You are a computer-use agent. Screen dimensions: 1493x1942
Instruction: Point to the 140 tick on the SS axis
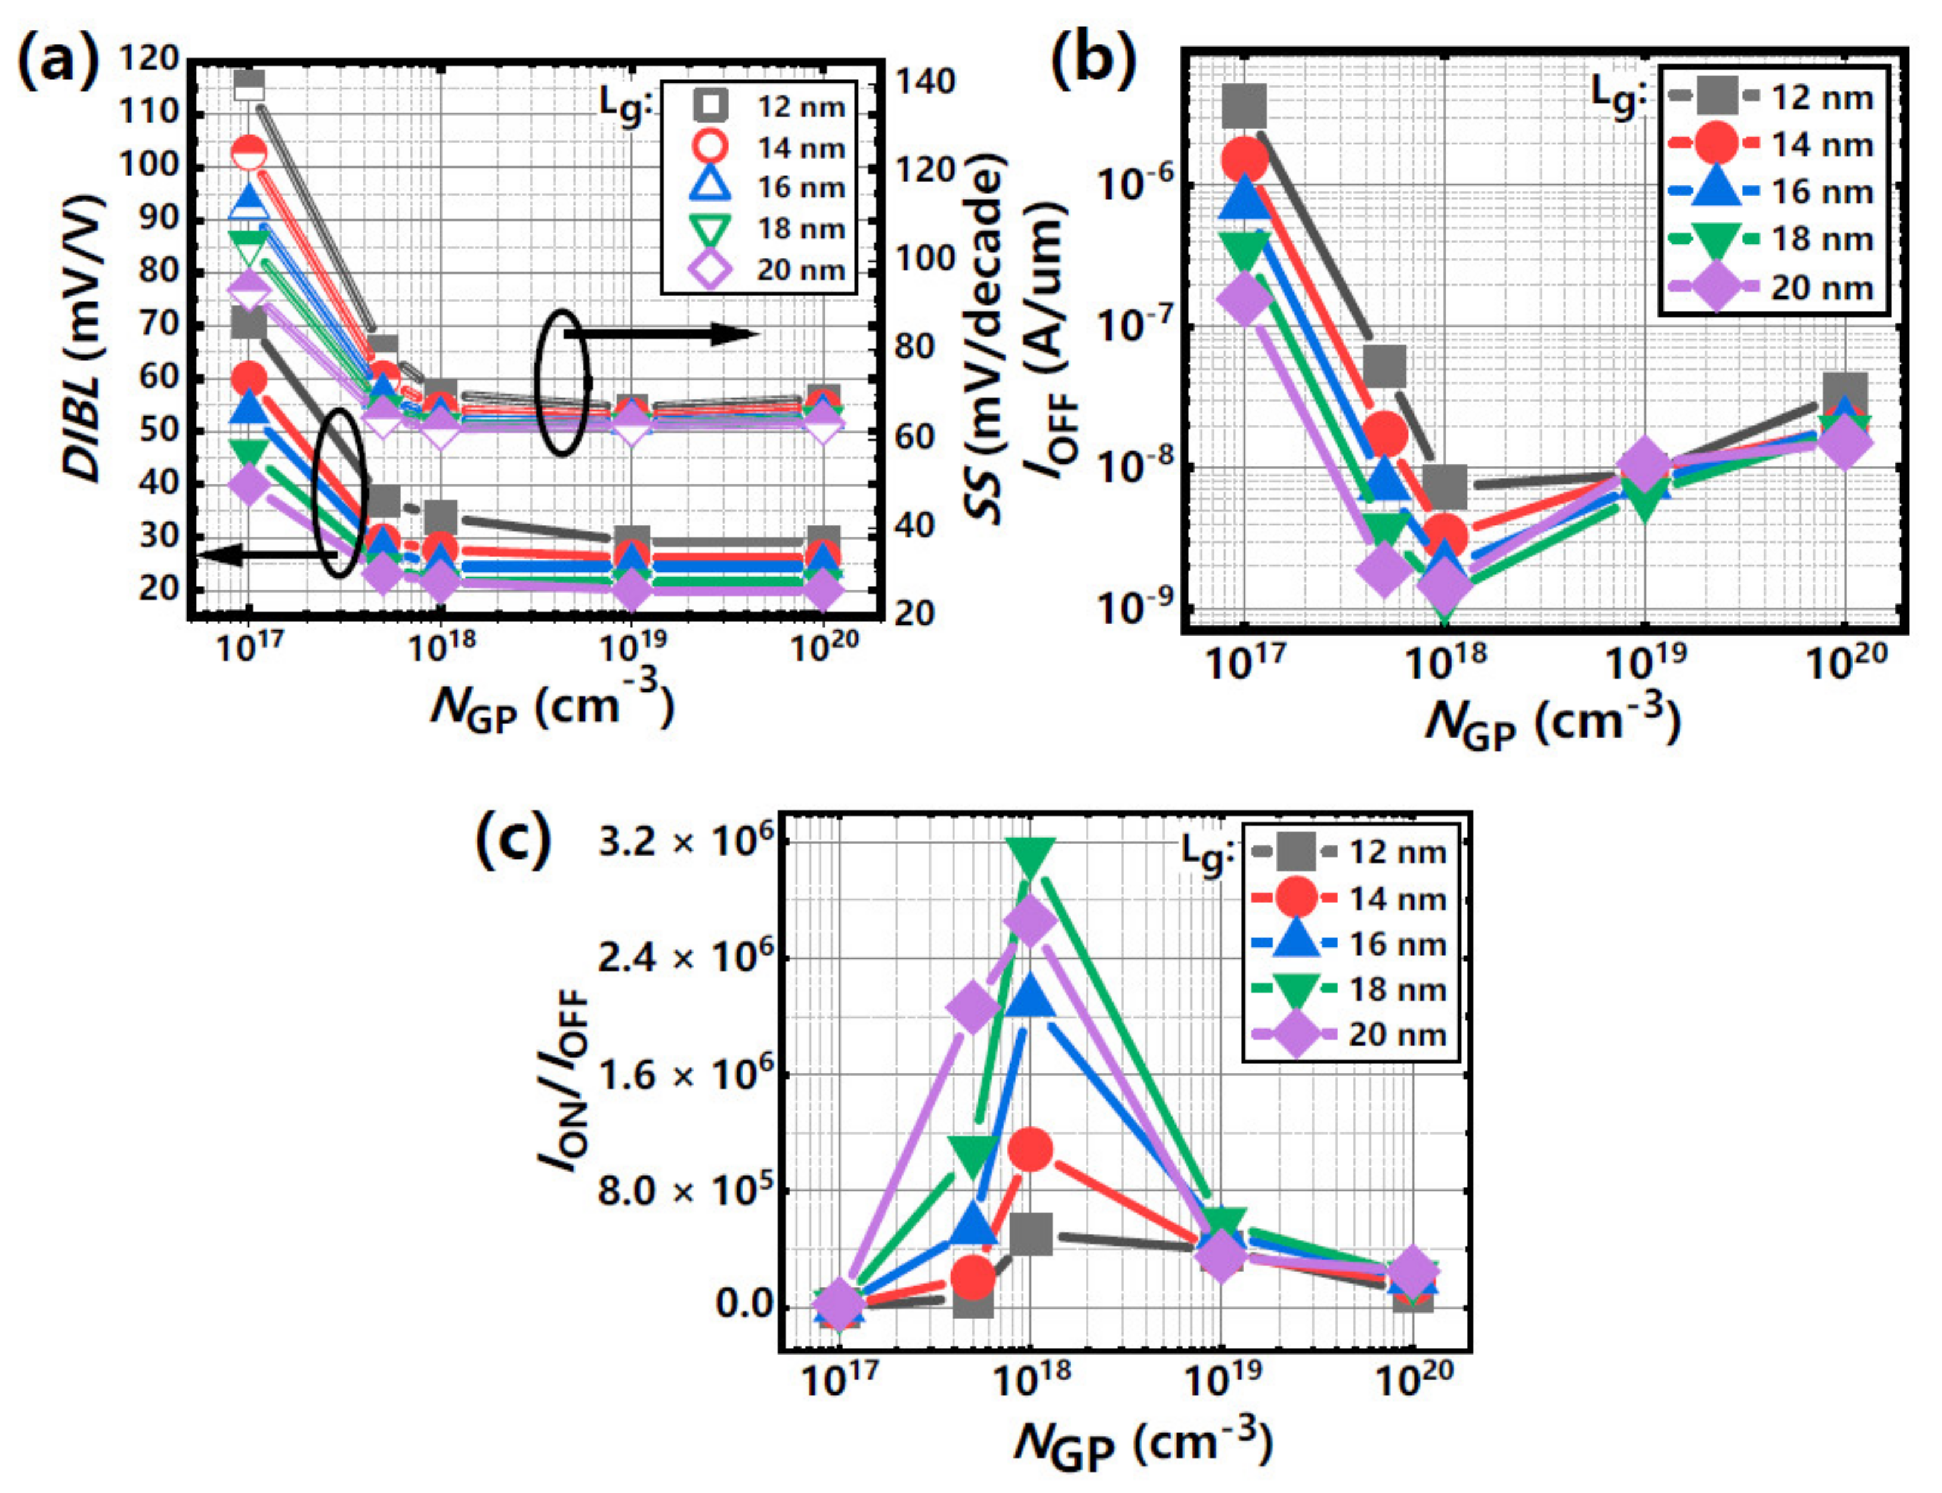(924, 82)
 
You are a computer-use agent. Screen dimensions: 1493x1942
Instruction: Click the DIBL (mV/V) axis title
(85, 337)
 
